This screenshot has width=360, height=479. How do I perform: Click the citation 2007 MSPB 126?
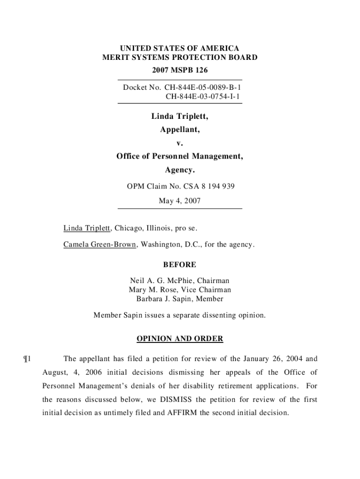click(180, 71)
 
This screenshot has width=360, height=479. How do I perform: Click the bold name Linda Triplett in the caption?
click(180, 116)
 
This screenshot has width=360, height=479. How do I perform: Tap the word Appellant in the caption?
click(180, 130)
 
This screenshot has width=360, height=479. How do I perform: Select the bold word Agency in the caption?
click(180, 170)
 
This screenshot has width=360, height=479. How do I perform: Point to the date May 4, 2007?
click(180, 201)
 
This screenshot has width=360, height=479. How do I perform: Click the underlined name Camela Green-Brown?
click(100, 245)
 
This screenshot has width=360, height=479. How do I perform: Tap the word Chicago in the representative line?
click(129, 228)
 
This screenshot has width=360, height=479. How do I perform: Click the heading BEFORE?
click(180, 265)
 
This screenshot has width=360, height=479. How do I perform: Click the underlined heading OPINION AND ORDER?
click(180, 339)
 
